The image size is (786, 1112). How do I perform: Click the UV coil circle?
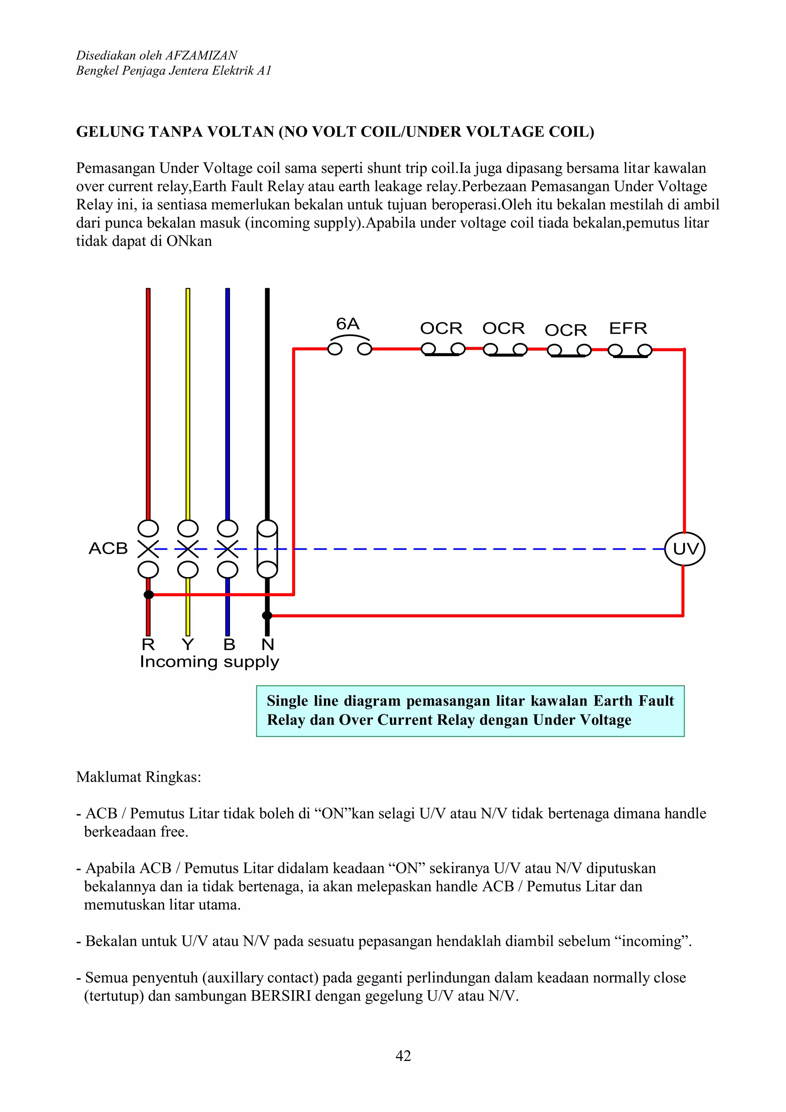[x=684, y=549]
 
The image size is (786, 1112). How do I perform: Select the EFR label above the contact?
[x=628, y=328]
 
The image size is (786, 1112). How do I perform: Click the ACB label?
[x=108, y=548]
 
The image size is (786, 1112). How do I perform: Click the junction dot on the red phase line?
[x=149, y=594]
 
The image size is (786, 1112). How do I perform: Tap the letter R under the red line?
[x=148, y=645]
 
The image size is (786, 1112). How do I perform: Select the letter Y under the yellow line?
[x=188, y=645]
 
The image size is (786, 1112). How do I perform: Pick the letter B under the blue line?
[x=229, y=645]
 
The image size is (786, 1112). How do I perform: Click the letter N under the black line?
[x=268, y=645]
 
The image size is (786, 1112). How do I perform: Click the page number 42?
[x=403, y=1056]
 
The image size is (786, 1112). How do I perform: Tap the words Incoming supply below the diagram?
[x=209, y=662]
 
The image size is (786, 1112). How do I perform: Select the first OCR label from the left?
[x=441, y=328]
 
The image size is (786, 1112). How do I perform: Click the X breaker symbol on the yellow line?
[x=188, y=549]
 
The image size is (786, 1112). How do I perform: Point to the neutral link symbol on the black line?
[x=267, y=549]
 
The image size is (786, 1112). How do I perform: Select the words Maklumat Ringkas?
[x=139, y=777]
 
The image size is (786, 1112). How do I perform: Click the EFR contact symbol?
[x=630, y=350]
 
